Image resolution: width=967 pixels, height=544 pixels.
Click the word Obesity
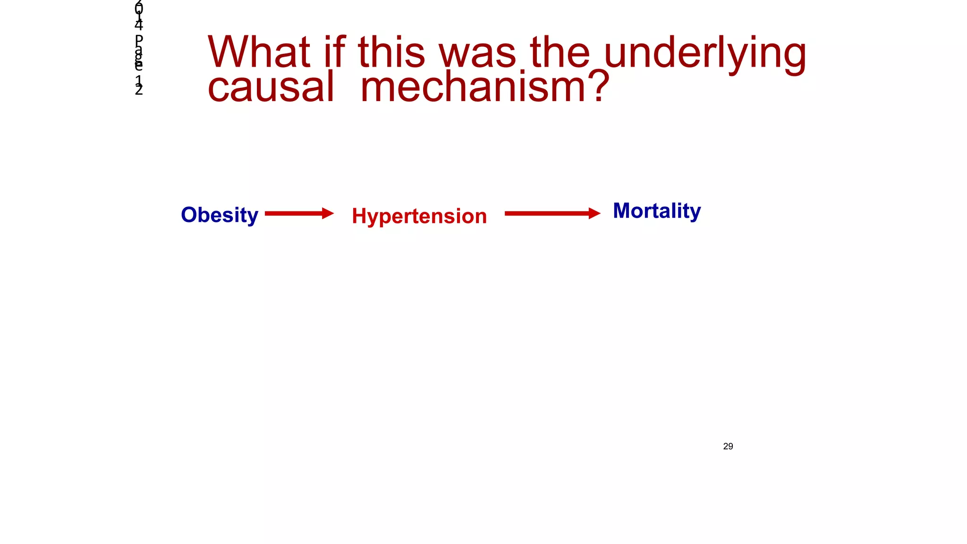click(x=220, y=215)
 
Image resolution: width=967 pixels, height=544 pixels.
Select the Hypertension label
click(x=419, y=216)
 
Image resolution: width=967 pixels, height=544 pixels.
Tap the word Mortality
click(x=656, y=211)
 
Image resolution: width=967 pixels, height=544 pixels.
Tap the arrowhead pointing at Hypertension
click(x=328, y=213)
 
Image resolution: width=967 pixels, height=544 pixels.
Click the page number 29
click(x=728, y=446)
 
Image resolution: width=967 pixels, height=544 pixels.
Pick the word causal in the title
click(x=271, y=87)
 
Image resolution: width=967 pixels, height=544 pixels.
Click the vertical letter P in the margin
click(x=139, y=40)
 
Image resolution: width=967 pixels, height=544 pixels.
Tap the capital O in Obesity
click(x=189, y=215)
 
